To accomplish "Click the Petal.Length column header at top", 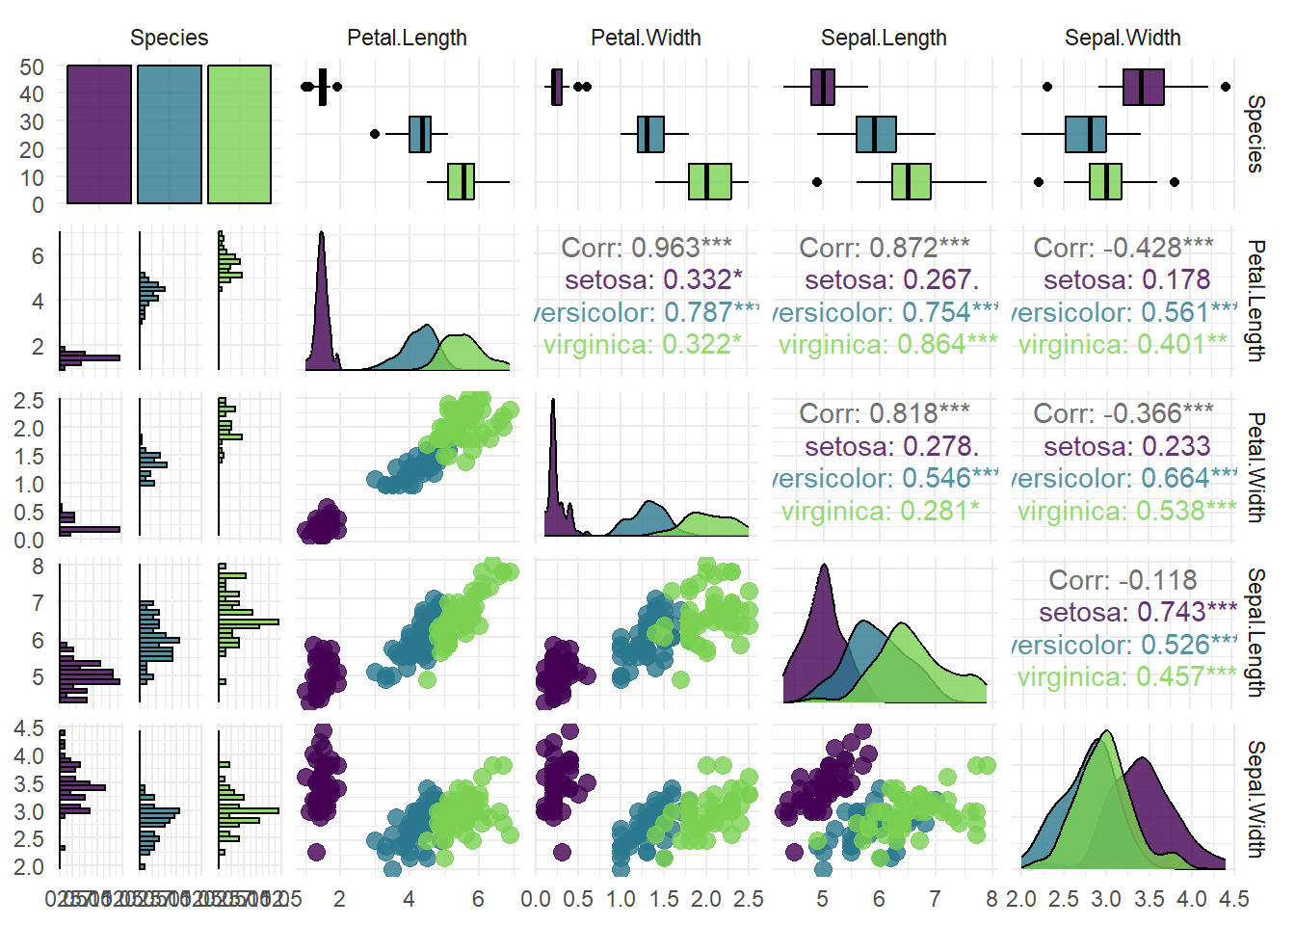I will coord(407,38).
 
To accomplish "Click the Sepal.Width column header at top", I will coord(1123,38).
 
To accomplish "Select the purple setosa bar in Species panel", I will coord(99,135).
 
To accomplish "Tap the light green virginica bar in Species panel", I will coord(240,135).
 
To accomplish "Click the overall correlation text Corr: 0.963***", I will coord(647,248).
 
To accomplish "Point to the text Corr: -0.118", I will coord(1123,580).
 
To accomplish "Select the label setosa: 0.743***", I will coord(1138,612).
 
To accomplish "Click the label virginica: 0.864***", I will coord(887,345).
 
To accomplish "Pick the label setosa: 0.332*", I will coord(653,280).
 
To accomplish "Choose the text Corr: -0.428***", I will coord(1123,248).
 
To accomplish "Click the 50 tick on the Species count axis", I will coord(32,67).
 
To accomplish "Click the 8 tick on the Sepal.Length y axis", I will coord(38,567).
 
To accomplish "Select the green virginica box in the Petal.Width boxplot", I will coord(710,181).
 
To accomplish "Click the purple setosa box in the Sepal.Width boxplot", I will coord(1144,87).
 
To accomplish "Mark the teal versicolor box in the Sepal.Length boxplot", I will coord(876,134).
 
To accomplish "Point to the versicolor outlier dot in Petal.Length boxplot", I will coord(375,134).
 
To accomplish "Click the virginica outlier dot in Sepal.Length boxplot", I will coord(817,181).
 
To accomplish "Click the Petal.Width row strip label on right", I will coord(1255,467).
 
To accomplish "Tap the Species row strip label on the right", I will coord(1255,134).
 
